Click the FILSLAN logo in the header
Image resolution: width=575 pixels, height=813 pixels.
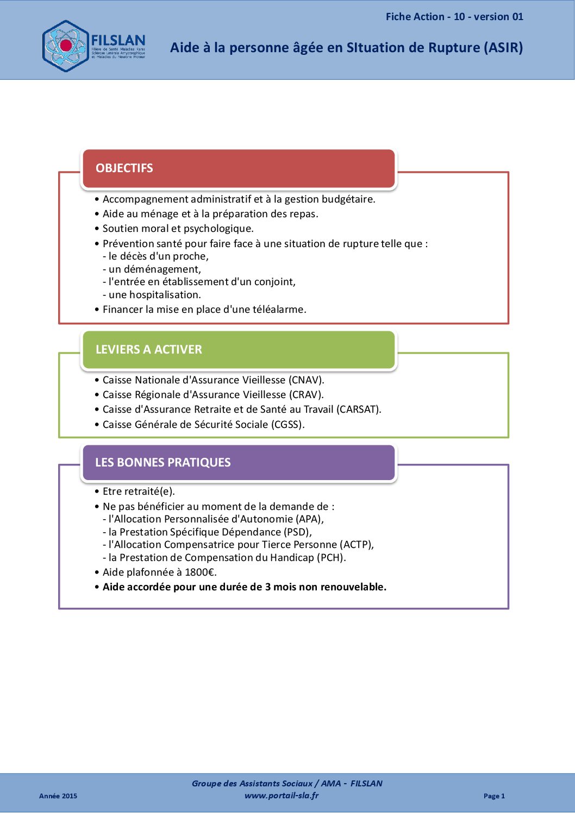(x=93, y=46)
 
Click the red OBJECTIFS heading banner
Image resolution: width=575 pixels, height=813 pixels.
(x=239, y=168)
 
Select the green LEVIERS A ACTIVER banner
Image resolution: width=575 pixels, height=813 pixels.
(x=239, y=350)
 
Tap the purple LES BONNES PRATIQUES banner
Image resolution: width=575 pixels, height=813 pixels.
(x=239, y=463)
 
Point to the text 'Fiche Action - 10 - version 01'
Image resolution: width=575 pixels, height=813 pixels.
(x=454, y=17)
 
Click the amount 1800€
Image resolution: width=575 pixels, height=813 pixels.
(x=201, y=572)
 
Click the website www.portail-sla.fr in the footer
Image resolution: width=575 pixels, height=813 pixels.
(x=282, y=796)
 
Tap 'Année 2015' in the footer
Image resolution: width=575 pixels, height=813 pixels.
(x=58, y=796)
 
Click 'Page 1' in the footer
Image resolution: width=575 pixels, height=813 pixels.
(x=494, y=796)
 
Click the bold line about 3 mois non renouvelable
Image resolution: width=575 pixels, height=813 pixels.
(x=245, y=587)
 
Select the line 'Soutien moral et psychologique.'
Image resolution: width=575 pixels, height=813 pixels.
(x=178, y=229)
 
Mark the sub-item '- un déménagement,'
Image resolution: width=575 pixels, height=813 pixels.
(x=154, y=269)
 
